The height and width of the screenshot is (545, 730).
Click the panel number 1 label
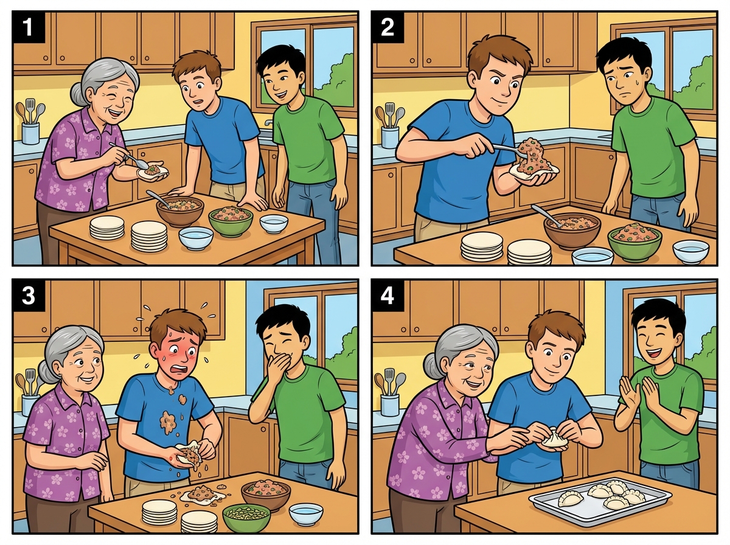click(x=28, y=27)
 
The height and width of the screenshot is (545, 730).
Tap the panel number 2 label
click(x=388, y=27)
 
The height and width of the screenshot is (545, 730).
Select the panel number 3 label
click(x=28, y=296)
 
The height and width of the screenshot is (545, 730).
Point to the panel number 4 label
click(x=388, y=296)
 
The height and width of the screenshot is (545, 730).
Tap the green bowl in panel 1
click(x=231, y=221)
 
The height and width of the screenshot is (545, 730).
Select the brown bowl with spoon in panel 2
click(x=572, y=230)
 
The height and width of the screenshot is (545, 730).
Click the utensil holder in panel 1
click(x=30, y=133)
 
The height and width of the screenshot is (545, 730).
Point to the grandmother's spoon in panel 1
click(x=130, y=154)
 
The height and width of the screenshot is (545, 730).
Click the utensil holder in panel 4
click(x=390, y=405)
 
